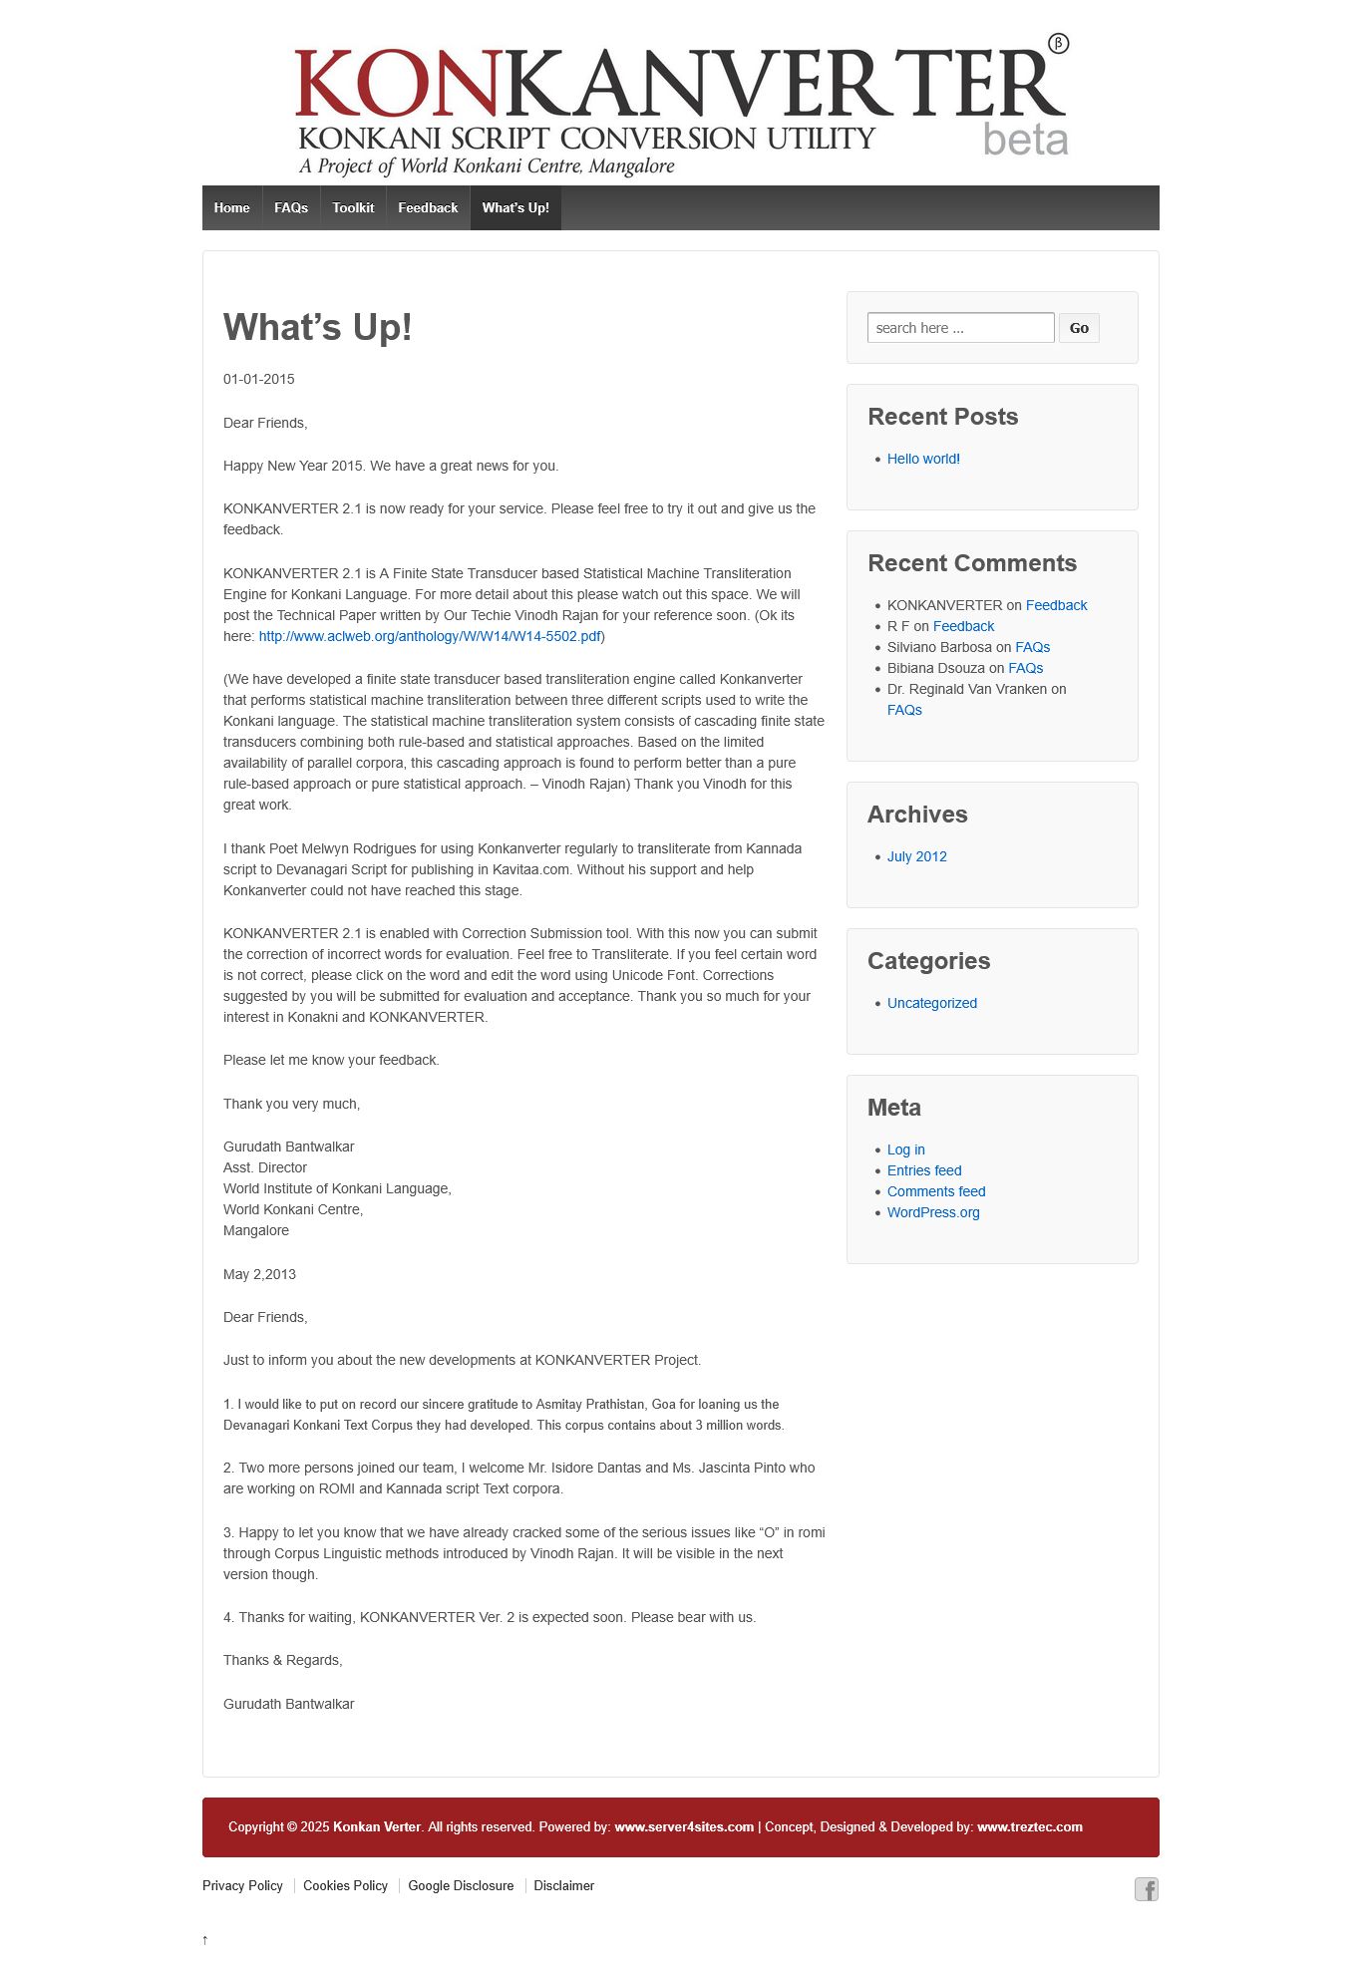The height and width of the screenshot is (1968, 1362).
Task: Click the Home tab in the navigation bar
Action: (x=231, y=207)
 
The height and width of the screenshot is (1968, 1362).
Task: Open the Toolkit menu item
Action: (x=353, y=207)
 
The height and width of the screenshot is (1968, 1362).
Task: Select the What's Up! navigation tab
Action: (x=515, y=207)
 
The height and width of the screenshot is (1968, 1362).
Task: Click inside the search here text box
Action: (x=960, y=328)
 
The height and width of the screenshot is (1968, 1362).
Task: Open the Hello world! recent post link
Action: (x=923, y=459)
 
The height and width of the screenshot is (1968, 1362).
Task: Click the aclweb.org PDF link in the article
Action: (x=430, y=636)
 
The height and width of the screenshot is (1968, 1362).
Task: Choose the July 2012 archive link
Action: (x=916, y=856)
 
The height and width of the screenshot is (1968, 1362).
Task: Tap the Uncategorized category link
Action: (x=931, y=1003)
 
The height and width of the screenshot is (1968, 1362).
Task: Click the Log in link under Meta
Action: (x=905, y=1149)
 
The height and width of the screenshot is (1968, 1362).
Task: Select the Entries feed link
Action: (x=924, y=1170)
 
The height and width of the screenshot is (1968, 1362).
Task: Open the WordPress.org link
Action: (x=933, y=1212)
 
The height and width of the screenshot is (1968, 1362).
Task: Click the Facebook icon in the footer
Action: (x=1147, y=1889)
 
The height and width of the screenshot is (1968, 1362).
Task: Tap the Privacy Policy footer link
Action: (x=242, y=1885)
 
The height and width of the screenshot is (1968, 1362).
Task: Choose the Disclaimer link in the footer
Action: (x=563, y=1885)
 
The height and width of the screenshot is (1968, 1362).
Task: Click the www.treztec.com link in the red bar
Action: (x=1029, y=1826)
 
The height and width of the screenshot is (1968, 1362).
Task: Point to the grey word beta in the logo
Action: (x=1025, y=140)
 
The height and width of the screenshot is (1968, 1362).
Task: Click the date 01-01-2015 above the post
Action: (x=258, y=379)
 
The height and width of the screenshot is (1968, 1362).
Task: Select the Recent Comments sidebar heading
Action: (x=971, y=563)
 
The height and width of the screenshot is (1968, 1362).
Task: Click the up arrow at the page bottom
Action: (x=205, y=1939)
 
